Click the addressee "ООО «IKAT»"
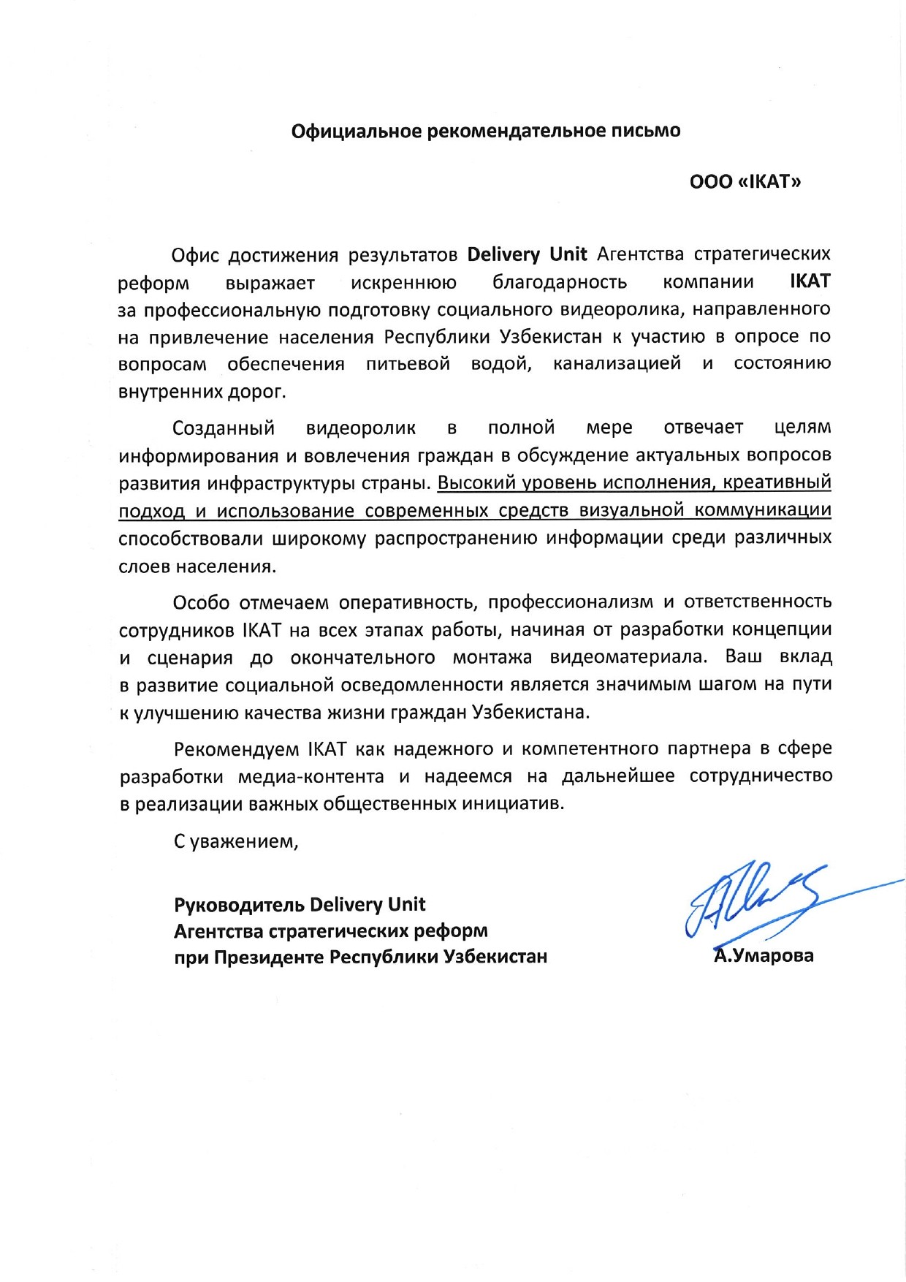[745, 181]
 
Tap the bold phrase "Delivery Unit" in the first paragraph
[527, 254]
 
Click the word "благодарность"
[560, 282]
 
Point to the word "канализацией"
[617, 363]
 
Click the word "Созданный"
[224, 428]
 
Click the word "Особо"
[201, 602]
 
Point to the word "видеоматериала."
[628, 656]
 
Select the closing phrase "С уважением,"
[236, 841]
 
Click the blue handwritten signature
[753, 903]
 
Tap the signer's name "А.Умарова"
[764, 955]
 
